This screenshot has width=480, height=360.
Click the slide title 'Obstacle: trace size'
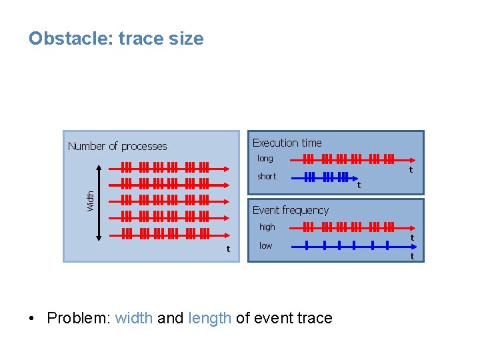tap(116, 39)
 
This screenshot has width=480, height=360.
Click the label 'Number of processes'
tap(117, 146)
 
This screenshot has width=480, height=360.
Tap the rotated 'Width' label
tap(91, 201)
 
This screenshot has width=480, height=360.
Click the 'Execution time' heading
tap(287, 143)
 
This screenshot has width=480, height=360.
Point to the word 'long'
tap(265, 159)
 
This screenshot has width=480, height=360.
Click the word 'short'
tap(267, 177)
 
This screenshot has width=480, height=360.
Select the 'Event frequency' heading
tap(291, 210)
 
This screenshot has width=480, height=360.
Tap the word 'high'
tap(267, 227)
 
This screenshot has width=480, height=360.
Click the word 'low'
tap(265, 246)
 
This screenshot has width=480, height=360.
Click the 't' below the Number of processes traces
tap(228, 249)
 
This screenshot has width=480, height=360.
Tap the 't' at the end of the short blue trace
tap(359, 185)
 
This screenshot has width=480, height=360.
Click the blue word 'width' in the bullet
tap(134, 318)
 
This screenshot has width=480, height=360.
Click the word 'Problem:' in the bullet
tap(79, 318)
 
